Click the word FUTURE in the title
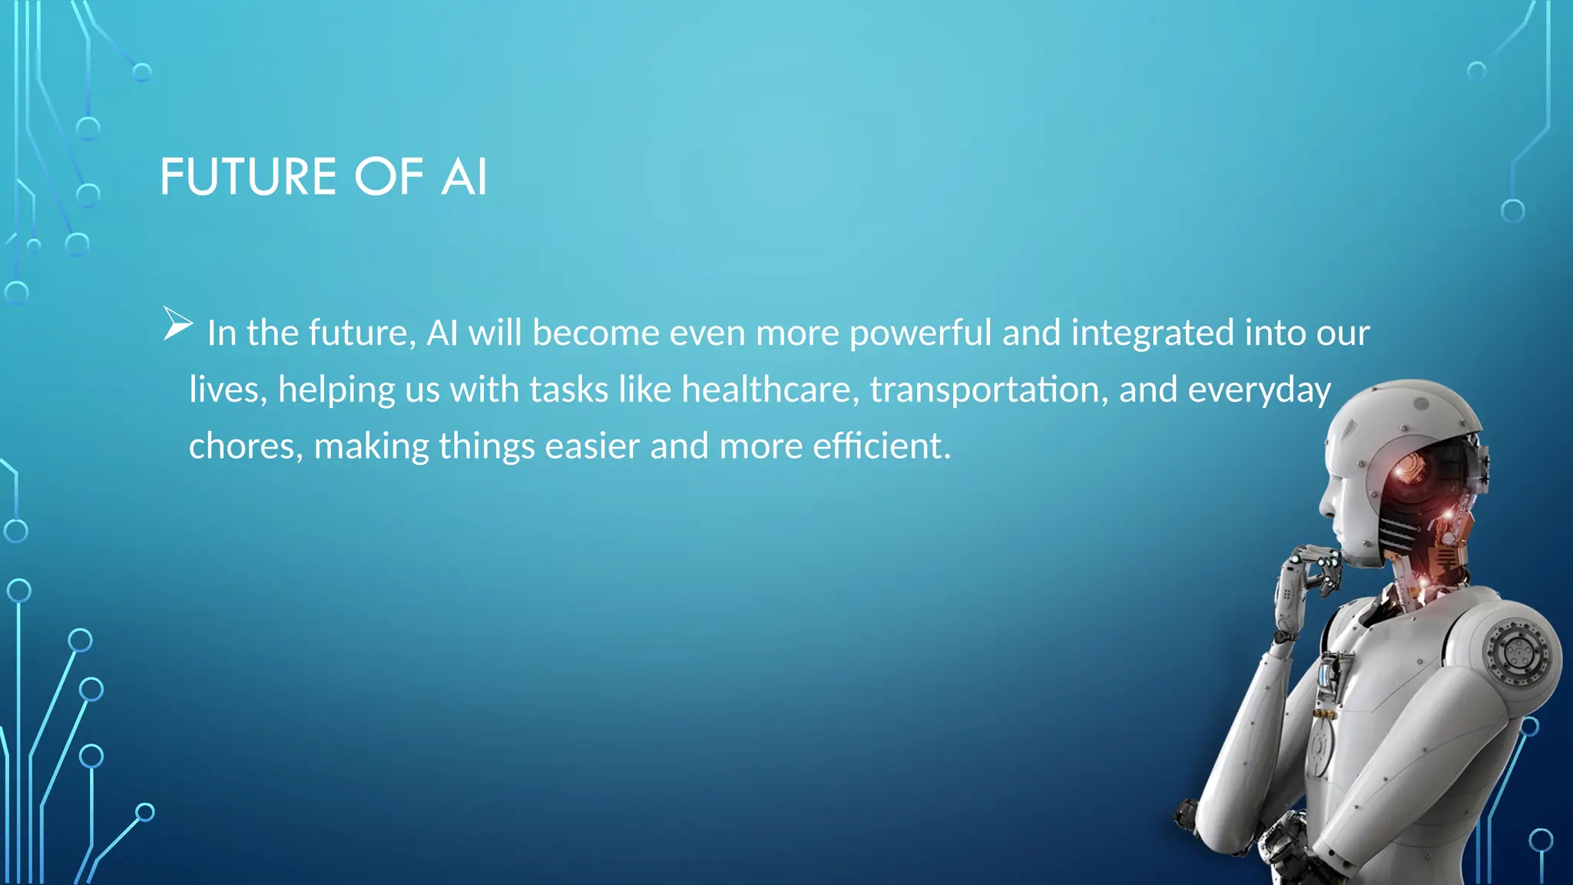tap(248, 177)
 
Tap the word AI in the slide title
tap(464, 177)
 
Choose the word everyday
tap(1259, 389)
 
